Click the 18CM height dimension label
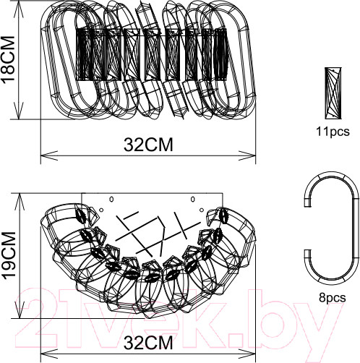point(8,60)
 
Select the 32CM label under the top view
point(148,145)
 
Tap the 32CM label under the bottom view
point(148,342)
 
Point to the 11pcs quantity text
point(333,132)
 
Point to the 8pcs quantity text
point(333,298)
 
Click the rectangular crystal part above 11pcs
point(333,93)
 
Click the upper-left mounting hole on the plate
point(111,199)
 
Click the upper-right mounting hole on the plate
point(192,199)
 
